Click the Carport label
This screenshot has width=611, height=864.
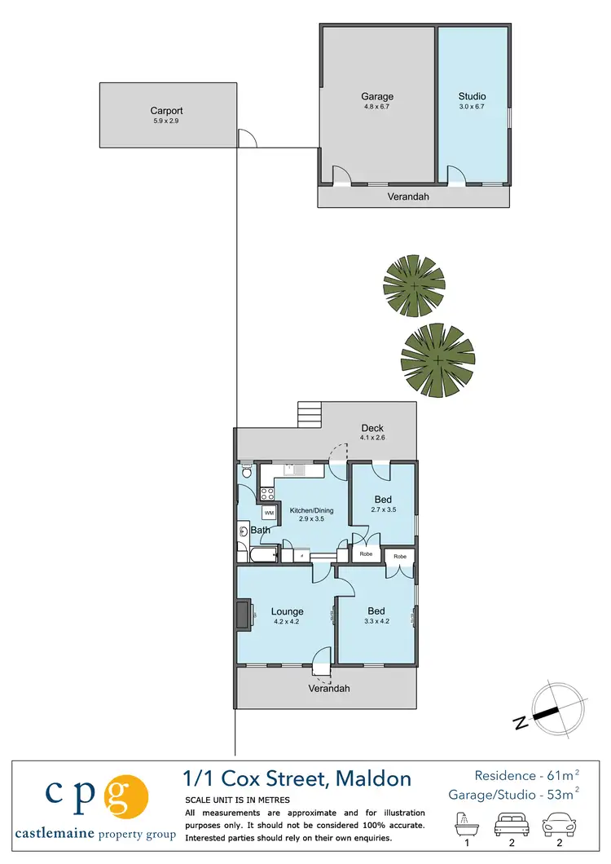coord(166,111)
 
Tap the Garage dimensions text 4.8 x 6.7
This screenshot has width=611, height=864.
coord(376,107)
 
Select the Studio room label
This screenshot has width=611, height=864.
coord(472,96)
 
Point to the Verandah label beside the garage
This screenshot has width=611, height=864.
coord(407,196)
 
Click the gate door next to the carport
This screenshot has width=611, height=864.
coord(247,139)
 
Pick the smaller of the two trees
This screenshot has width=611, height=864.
coord(415,286)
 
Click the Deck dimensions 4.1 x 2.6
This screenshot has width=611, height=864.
coord(372,439)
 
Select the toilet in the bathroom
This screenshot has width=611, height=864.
coord(247,471)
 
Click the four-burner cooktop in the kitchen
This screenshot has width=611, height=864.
coord(266,492)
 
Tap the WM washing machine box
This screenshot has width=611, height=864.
coord(269,513)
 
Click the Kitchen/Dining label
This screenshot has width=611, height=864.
coord(311,511)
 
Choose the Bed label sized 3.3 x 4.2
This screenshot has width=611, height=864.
coord(376,611)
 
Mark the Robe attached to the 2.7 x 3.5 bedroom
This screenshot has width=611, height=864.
coord(366,554)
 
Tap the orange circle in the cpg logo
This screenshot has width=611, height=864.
coord(128,796)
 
